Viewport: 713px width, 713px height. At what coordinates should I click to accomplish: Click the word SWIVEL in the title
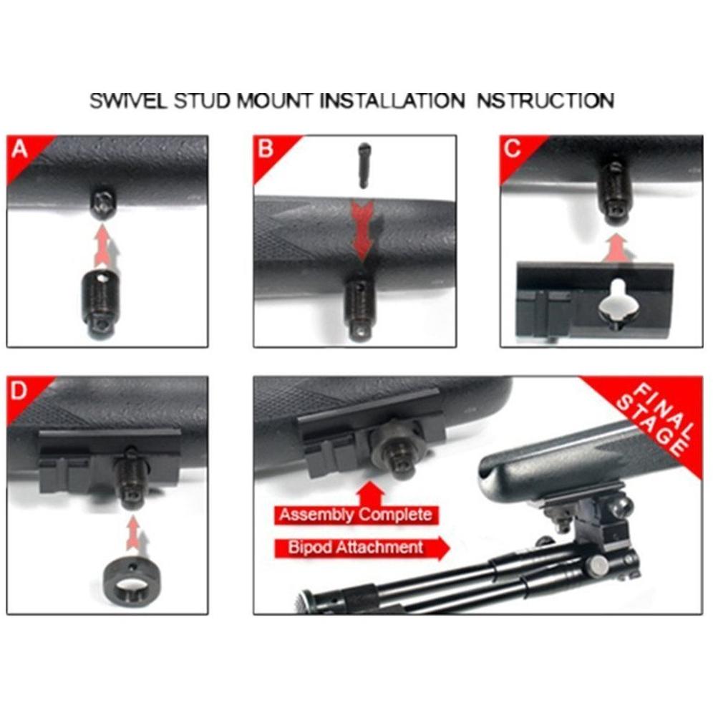[128, 100]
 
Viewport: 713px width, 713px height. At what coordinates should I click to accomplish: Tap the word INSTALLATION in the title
[392, 100]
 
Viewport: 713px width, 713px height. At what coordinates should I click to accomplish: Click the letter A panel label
[19, 149]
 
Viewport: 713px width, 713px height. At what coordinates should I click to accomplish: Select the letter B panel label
[266, 149]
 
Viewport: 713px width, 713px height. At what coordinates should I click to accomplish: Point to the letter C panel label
[513, 149]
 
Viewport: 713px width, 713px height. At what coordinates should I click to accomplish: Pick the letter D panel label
[19, 391]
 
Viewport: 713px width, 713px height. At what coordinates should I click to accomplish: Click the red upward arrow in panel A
[104, 246]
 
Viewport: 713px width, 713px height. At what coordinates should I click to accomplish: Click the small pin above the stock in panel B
[364, 165]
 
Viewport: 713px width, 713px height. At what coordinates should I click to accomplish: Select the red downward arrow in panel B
[362, 232]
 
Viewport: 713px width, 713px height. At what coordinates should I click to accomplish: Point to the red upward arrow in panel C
[618, 248]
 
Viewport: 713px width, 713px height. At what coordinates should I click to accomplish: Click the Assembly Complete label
[356, 515]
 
